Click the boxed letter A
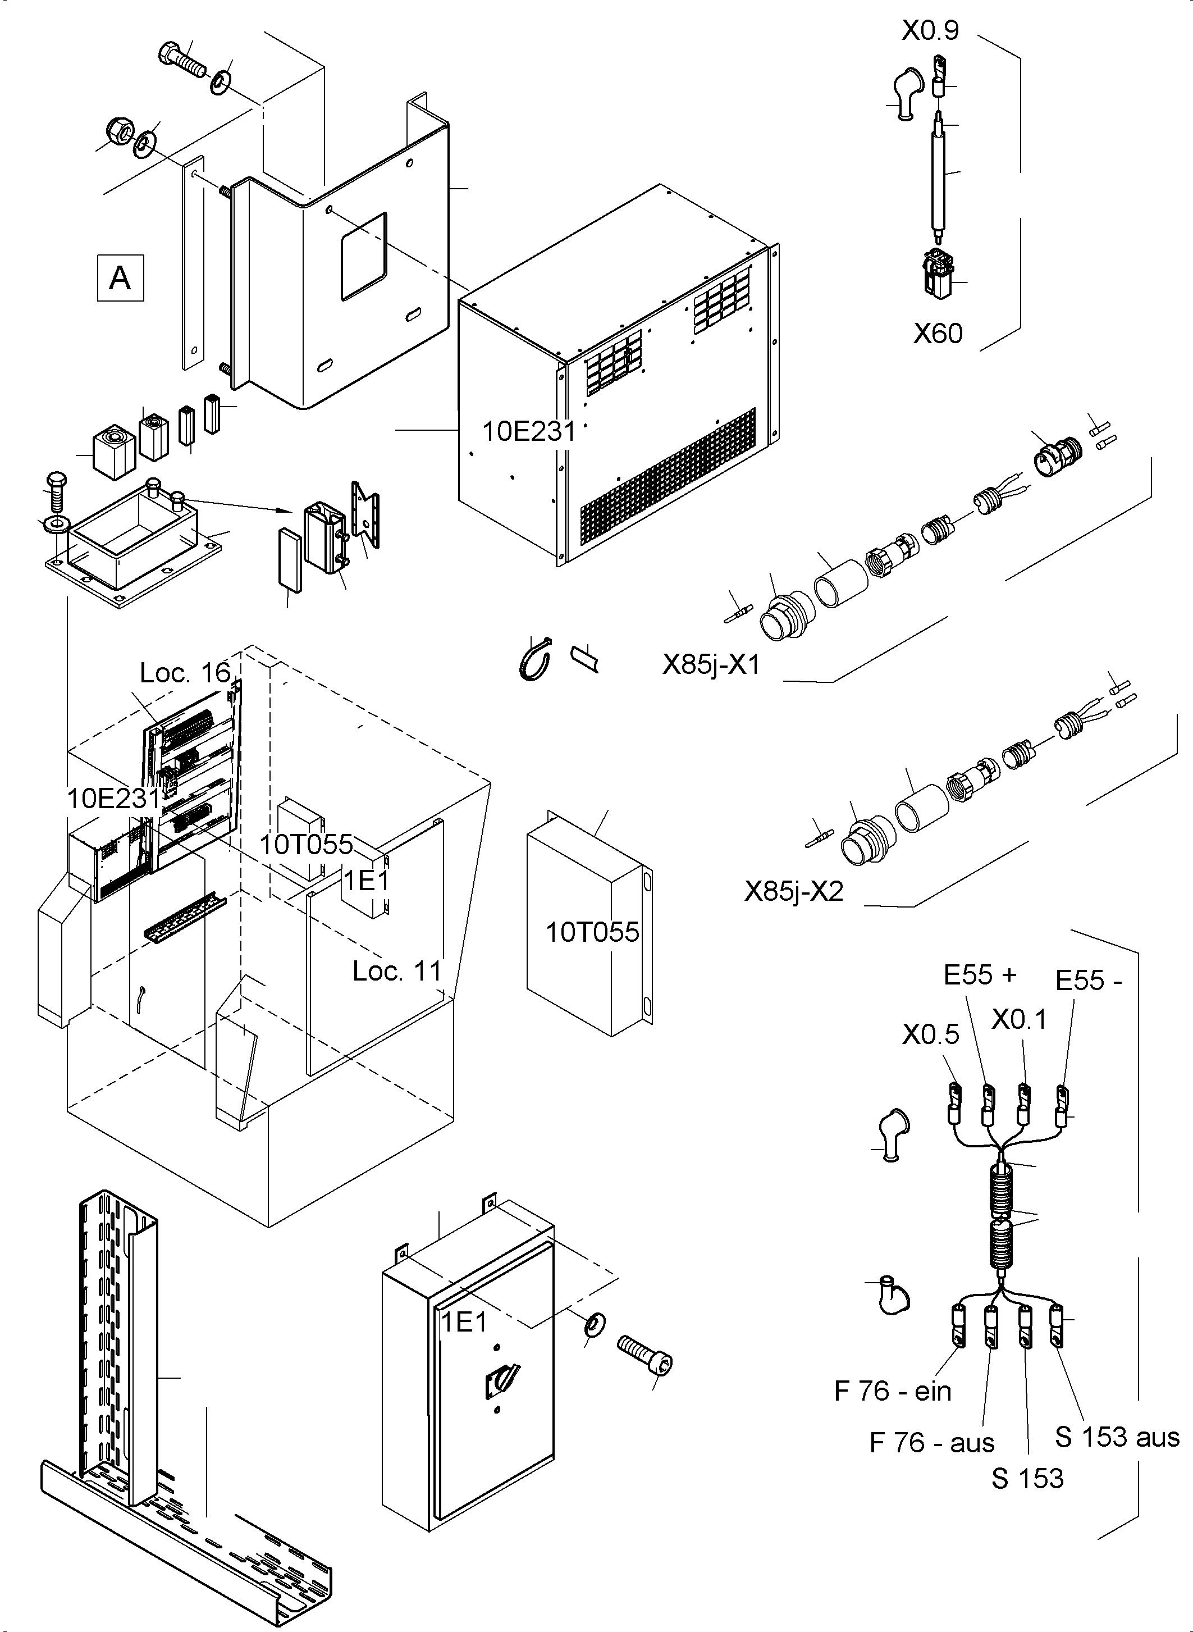click(120, 278)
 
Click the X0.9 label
click(930, 30)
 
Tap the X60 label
click(938, 334)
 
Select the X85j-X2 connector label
click(794, 891)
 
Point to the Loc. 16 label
click(185, 673)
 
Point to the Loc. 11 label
click(396, 972)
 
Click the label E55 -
click(1088, 981)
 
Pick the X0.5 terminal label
click(930, 1035)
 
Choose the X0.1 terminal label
click(1019, 1020)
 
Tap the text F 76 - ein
click(893, 1392)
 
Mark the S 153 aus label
click(1117, 1437)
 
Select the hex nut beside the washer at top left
click(118, 131)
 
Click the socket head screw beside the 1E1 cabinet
click(646, 1356)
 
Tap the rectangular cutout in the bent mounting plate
click(364, 255)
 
